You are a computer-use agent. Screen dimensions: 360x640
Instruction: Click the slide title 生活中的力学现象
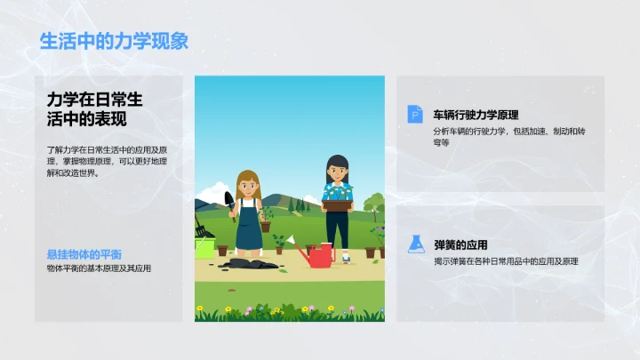(114, 41)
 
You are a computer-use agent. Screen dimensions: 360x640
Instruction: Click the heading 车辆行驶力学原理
(476, 115)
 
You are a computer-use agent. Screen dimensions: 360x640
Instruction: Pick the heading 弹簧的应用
(460, 244)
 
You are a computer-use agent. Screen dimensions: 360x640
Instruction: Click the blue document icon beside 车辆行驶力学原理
(415, 114)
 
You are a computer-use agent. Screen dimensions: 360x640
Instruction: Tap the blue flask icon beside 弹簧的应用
(415, 244)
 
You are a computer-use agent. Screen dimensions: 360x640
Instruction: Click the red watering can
(318, 257)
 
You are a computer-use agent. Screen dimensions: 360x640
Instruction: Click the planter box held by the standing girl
(337, 204)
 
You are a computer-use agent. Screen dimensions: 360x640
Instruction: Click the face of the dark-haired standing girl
(337, 168)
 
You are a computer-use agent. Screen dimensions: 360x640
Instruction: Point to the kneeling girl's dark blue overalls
(250, 230)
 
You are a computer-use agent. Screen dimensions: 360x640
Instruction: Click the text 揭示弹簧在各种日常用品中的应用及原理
(505, 261)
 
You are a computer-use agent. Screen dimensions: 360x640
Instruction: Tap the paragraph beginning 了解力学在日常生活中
(108, 161)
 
